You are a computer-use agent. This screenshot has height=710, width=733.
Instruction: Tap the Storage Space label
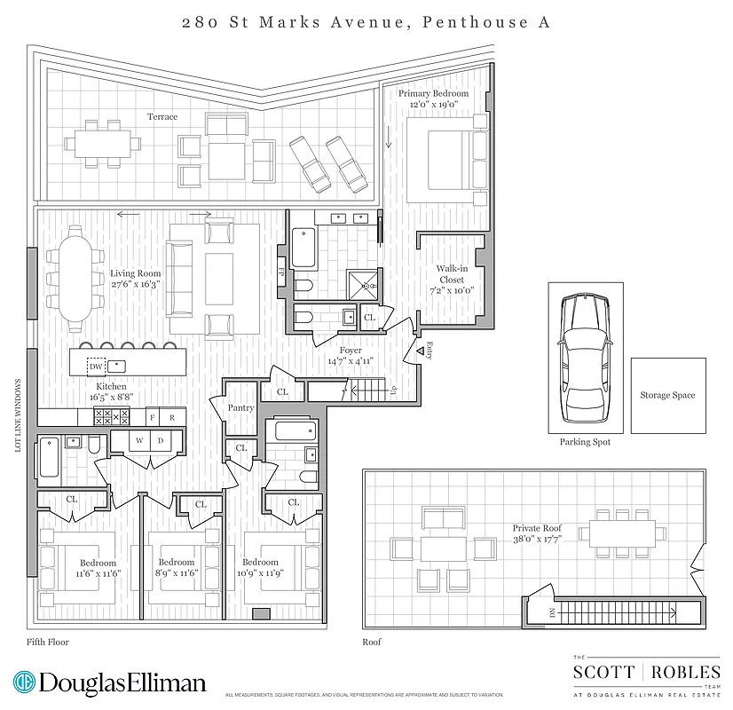click(667, 396)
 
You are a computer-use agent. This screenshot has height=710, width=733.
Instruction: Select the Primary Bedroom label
click(433, 93)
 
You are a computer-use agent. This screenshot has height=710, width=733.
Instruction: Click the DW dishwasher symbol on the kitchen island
click(95, 366)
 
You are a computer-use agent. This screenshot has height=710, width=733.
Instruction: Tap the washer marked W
click(139, 440)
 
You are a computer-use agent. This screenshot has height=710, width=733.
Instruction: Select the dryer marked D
click(161, 440)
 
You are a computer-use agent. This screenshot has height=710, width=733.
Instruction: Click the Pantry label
click(240, 408)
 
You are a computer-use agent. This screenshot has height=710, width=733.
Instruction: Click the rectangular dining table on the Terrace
click(102, 143)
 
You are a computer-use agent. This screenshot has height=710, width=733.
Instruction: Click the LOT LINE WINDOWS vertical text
click(18, 415)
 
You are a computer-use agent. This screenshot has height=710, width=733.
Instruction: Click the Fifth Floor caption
click(48, 642)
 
